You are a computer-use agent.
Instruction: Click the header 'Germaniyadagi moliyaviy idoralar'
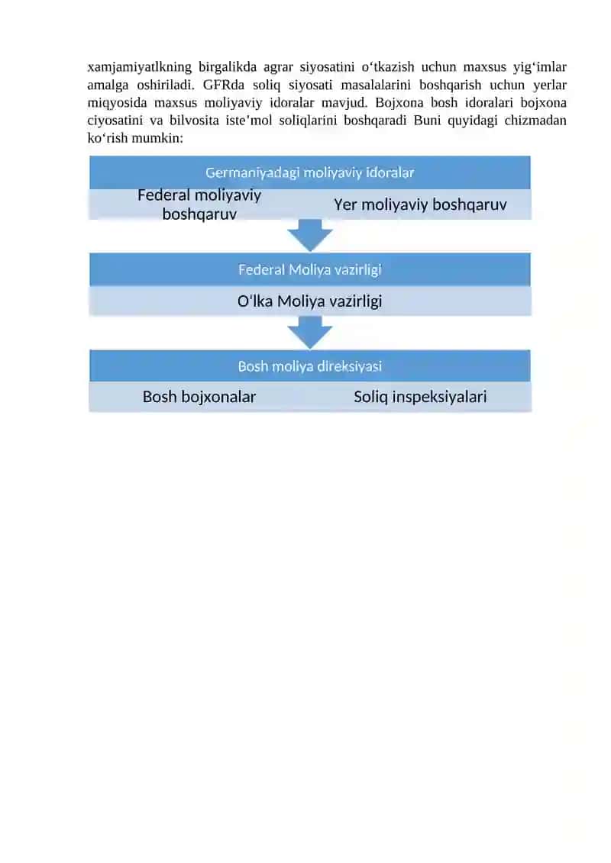(x=309, y=172)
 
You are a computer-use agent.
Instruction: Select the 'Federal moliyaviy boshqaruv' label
(x=199, y=204)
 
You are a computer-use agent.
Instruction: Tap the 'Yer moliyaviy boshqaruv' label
(x=420, y=204)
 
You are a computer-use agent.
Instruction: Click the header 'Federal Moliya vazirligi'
(x=309, y=269)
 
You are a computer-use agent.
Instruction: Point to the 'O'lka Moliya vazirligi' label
(x=309, y=301)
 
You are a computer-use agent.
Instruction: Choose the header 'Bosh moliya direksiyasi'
(x=309, y=366)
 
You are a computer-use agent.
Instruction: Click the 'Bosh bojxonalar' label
(x=199, y=397)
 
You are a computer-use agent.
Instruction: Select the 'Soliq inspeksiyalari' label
(x=420, y=397)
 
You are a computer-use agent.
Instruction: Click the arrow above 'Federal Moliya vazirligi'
(x=309, y=235)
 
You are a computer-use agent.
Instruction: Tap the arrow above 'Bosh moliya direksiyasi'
(x=309, y=333)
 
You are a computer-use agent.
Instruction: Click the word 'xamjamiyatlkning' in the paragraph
(x=140, y=67)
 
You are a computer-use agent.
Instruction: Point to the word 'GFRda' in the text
(x=224, y=85)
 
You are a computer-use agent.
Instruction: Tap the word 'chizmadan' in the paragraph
(x=535, y=121)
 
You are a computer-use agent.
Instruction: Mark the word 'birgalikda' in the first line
(x=228, y=67)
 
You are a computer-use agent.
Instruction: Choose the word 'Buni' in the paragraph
(x=427, y=121)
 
